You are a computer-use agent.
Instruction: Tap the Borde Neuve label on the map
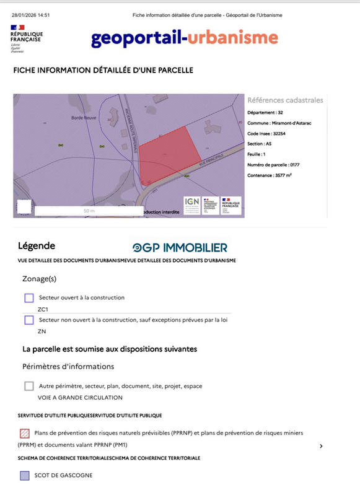83,117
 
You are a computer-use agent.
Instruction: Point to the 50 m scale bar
89,211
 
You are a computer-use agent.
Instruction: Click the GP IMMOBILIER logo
180,248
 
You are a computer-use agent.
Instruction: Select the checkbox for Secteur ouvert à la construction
29,298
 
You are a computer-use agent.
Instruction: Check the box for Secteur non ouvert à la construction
29,320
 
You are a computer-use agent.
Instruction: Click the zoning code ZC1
43,309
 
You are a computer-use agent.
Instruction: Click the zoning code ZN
42,331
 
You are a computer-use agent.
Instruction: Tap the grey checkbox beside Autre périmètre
29,386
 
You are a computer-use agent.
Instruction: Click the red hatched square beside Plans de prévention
25,433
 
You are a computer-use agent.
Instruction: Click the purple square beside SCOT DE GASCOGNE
25,475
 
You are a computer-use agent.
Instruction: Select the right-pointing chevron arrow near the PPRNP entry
321,446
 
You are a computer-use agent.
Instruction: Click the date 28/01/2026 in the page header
25,14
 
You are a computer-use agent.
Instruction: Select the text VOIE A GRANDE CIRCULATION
80,398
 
